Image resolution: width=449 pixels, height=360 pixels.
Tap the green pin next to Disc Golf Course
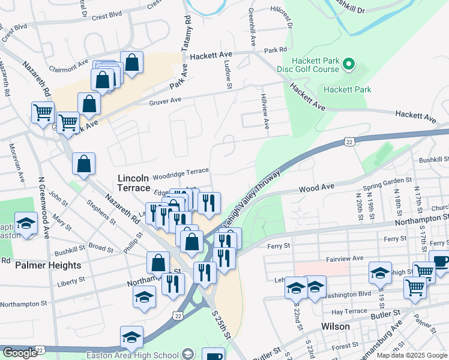[350, 64]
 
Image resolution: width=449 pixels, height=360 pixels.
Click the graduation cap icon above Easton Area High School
[131, 338]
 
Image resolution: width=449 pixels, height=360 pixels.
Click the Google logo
[19, 352]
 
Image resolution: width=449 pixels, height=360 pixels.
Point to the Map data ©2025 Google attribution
[412, 355]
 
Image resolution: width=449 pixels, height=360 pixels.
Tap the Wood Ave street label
[316, 188]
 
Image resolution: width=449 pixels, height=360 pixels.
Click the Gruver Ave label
[164, 101]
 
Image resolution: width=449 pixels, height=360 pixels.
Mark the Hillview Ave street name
[265, 110]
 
